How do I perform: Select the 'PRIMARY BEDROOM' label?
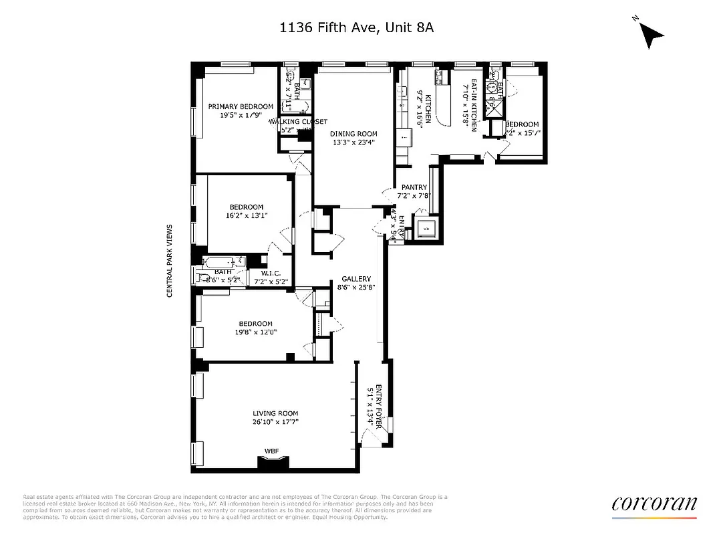pyautogui.click(x=241, y=106)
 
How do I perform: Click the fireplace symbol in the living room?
pyautogui.click(x=274, y=462)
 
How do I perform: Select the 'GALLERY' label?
pyautogui.click(x=356, y=279)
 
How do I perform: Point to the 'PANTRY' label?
pyautogui.click(x=414, y=188)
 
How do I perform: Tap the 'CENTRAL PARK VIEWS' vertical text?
pyautogui.click(x=170, y=261)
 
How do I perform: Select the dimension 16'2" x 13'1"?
pyautogui.click(x=247, y=215)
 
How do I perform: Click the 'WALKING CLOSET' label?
pyautogui.click(x=298, y=122)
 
